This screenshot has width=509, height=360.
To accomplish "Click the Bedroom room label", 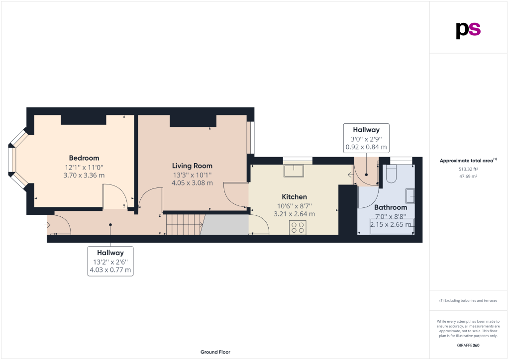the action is point(84,158).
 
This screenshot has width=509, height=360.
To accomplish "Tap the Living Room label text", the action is point(192,166).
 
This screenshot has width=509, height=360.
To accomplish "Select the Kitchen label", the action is point(294,197).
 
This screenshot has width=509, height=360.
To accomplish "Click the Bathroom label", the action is point(391,207).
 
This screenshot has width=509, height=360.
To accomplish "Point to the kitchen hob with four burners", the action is point(298,227).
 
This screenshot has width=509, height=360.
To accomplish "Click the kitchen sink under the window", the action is point(294,171).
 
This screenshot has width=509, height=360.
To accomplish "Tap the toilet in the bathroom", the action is point(392,175).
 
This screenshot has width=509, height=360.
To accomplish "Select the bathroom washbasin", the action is point(410,196).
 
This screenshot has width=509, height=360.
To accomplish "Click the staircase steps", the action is point(186,224).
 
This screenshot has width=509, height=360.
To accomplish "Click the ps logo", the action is point(468,30).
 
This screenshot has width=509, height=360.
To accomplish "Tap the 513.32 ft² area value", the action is point(468,169).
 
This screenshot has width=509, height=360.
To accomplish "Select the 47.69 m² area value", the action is point(468,177).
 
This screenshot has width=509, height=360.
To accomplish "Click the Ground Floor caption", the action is point(215,352).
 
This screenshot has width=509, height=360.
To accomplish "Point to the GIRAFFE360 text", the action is point(468,346).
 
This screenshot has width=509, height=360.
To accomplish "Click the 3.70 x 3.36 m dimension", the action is point(84,176).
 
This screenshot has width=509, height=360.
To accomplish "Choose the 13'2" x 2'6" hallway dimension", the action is point(110,262).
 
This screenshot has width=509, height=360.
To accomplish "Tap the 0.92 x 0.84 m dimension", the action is point(366,147).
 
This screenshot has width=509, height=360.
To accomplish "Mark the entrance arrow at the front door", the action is point(48,224).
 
